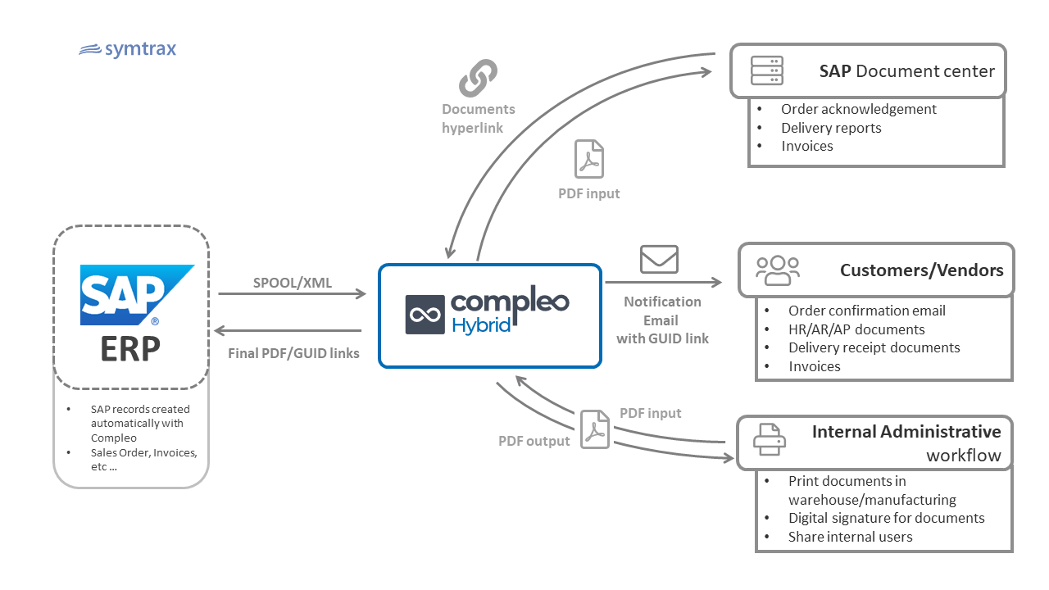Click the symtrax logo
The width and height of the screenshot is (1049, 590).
click(x=127, y=50)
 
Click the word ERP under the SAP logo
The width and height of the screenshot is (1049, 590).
click(x=131, y=348)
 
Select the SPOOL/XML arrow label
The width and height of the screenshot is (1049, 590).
click(x=293, y=283)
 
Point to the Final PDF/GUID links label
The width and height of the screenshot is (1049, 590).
click(x=293, y=354)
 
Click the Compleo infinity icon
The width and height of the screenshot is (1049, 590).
click(x=425, y=315)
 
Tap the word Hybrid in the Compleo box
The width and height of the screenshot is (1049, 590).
click(x=481, y=325)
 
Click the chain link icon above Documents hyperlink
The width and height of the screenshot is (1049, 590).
click(x=479, y=78)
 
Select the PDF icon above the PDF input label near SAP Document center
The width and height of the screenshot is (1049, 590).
click(x=588, y=159)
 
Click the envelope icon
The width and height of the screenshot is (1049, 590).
click(x=659, y=259)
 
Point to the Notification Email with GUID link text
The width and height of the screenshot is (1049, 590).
click(x=662, y=320)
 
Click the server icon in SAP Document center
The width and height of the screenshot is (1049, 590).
click(x=767, y=71)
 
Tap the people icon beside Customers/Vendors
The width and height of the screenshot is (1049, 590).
click(x=778, y=270)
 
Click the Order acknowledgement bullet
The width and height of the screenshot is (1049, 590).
click(x=858, y=109)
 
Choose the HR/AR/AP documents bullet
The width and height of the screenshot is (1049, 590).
click(x=856, y=329)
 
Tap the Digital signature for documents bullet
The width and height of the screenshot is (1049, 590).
click(x=886, y=518)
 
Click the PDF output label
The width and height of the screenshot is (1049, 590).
click(x=534, y=441)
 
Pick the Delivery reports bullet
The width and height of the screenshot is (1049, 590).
click(x=831, y=128)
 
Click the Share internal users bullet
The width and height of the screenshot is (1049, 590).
click(x=850, y=537)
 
